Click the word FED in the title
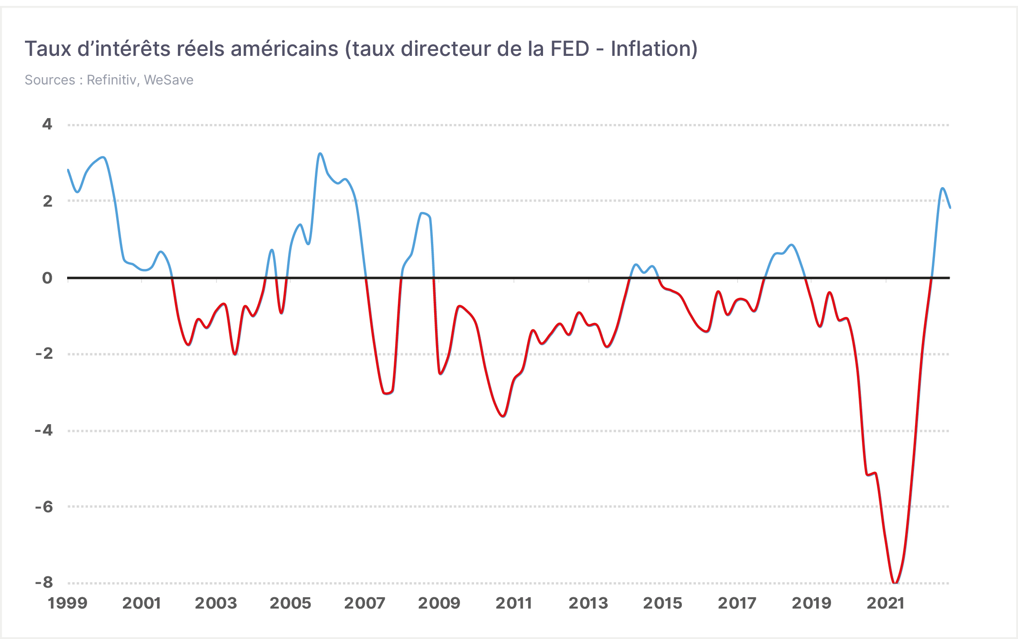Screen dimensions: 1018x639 pyautogui.click(x=570, y=49)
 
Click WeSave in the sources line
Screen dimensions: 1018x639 pyautogui.click(x=169, y=80)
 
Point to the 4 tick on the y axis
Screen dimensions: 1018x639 pyautogui.click(x=47, y=124)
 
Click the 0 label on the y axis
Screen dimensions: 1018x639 pyautogui.click(x=47, y=277)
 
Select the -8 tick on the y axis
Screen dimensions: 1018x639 pyautogui.click(x=44, y=582)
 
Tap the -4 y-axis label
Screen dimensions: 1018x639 pyautogui.click(x=44, y=430)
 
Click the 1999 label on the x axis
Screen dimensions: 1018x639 pyautogui.click(x=68, y=603)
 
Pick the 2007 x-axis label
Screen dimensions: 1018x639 pyautogui.click(x=365, y=603)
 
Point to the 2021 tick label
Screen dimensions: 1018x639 pyautogui.click(x=886, y=603)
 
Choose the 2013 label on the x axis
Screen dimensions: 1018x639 pyautogui.click(x=588, y=603)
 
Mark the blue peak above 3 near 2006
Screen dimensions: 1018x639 pyautogui.click(x=320, y=154)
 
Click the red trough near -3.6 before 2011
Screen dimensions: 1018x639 pyautogui.click(x=503, y=416)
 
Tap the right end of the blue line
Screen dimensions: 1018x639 pyautogui.click(x=950, y=208)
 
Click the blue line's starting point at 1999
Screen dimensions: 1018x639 pyautogui.click(x=68, y=170)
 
